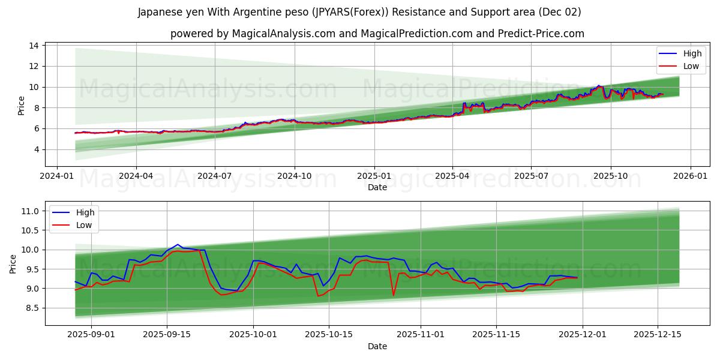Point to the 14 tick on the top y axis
point(34,46)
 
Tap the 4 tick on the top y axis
point(37,149)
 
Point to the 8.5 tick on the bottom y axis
point(31,308)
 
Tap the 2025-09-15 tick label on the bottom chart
point(166,334)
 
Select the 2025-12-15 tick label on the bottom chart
point(658,334)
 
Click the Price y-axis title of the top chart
point(22,106)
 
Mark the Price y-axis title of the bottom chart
point(14,264)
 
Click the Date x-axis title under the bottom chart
point(377,346)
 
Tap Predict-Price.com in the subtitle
point(541,34)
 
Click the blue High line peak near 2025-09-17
point(178,245)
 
